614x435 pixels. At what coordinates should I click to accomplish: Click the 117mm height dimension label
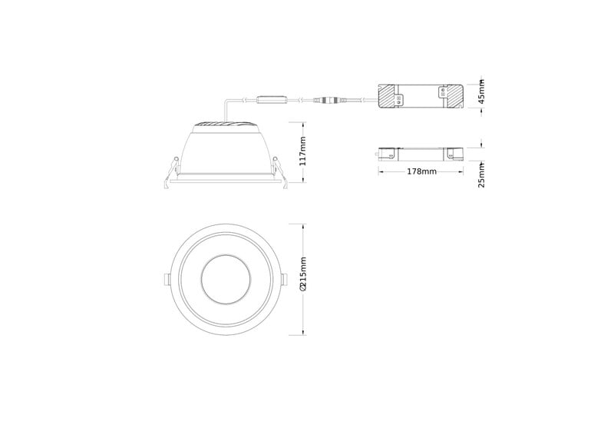pyautogui.click(x=303, y=151)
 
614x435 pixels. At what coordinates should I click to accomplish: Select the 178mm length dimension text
pyautogui.click(x=421, y=171)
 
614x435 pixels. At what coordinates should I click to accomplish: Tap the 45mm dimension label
pyautogui.click(x=482, y=91)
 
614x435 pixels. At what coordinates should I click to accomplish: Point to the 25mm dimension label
pyautogui.click(x=482, y=175)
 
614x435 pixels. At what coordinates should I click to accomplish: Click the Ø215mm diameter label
pyautogui.click(x=302, y=274)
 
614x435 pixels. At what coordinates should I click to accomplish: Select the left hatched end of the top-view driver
pyautogui.click(x=388, y=97)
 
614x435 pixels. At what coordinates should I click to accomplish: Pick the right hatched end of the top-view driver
pyautogui.click(x=454, y=97)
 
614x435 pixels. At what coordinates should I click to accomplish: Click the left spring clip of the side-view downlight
pyautogui.click(x=171, y=173)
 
